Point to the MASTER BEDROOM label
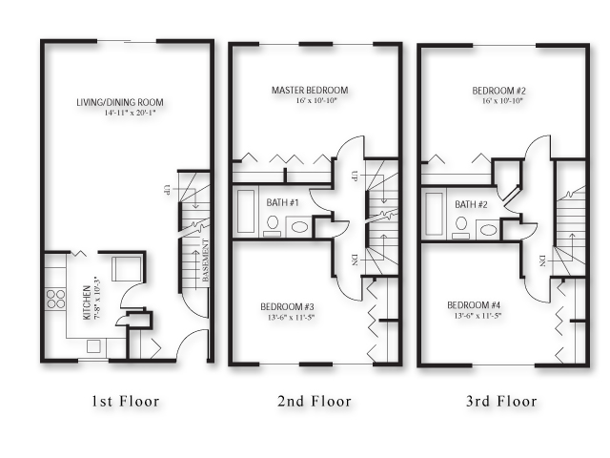click(309, 91)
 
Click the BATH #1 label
click(283, 204)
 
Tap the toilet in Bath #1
click(274, 225)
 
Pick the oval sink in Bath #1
click(298, 228)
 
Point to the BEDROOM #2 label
click(499, 91)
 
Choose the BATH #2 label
click(472, 204)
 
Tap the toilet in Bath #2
click(462, 225)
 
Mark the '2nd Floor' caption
click(314, 401)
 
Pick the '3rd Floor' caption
click(501, 401)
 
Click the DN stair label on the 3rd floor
click(541, 260)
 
